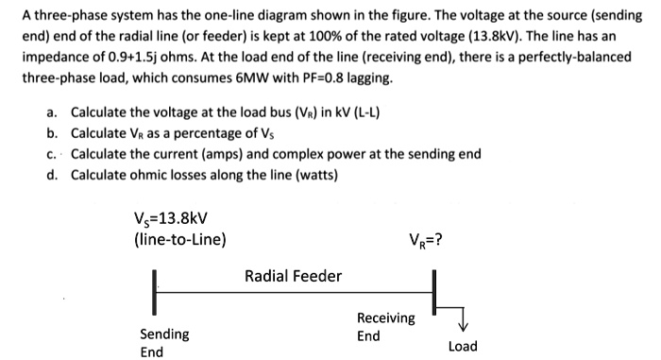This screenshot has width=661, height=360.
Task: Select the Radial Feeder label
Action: tap(293, 276)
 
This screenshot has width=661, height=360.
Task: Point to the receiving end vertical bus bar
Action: tap(434, 292)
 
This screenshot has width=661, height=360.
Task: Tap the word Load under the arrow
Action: tap(463, 347)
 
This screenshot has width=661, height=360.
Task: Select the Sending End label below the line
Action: tap(164, 342)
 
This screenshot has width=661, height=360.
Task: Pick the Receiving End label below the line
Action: tap(385, 327)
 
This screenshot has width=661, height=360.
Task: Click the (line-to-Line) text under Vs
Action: tap(180, 239)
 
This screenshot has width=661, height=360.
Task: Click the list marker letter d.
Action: tap(50, 174)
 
